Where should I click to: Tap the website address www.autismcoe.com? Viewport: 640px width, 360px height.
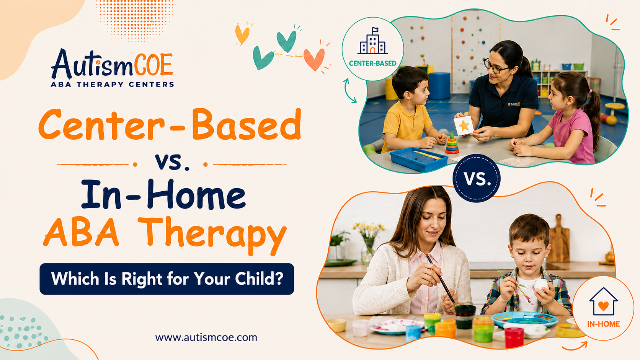coord(206,337)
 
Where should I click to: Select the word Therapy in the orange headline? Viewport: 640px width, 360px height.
coord(214,235)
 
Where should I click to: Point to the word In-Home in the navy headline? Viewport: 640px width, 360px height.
coord(163,194)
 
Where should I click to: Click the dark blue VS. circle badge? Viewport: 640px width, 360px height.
coord(476,178)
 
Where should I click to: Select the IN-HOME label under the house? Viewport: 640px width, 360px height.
coord(603,324)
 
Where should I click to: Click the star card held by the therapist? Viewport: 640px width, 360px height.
coord(464,125)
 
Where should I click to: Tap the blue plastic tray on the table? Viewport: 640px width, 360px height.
coord(419,158)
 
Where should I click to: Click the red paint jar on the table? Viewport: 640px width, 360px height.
coord(514,337)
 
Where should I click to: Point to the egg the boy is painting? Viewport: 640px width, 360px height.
coord(541,285)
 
